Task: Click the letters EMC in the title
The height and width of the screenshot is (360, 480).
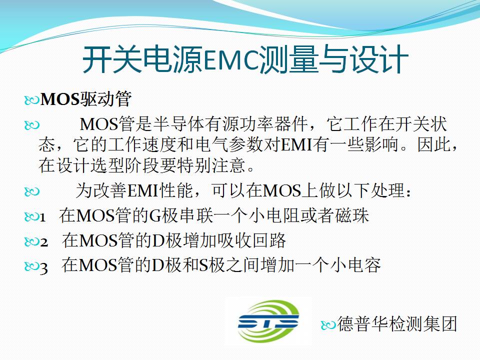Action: tap(231, 59)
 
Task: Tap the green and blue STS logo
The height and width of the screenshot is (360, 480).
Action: tap(268, 321)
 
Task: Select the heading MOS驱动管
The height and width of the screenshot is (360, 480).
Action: tap(86, 99)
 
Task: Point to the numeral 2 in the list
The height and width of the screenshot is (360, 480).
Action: tap(44, 242)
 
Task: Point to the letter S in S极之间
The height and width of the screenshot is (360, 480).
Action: tap(204, 265)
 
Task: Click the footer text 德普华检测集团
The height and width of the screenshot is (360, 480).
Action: tap(397, 324)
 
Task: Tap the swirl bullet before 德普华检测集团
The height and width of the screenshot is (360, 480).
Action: tap(328, 325)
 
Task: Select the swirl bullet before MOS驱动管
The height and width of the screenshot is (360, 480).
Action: tap(32, 100)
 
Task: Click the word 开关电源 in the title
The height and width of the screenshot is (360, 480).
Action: tap(142, 59)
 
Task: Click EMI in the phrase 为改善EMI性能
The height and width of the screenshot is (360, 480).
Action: tap(142, 190)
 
